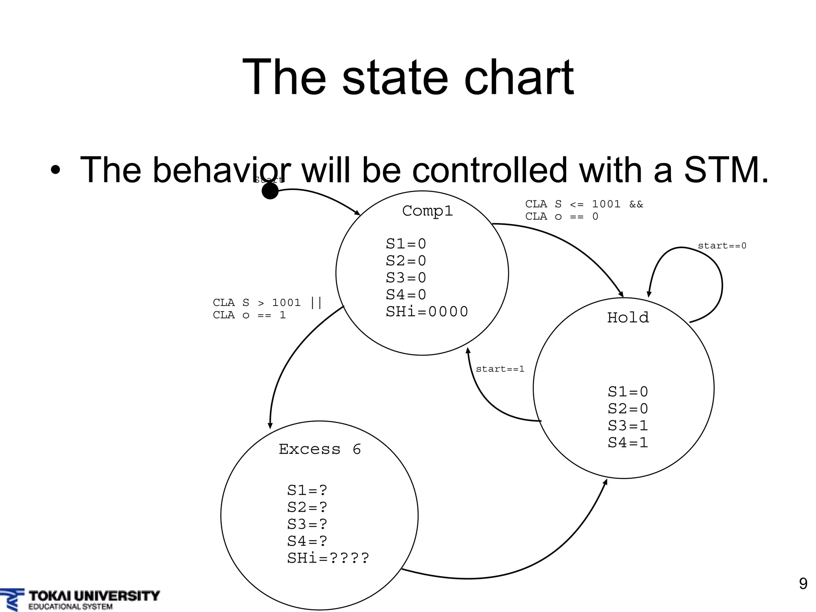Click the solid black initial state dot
click(x=270, y=191)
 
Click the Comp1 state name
click(x=427, y=211)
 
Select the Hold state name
click(x=628, y=318)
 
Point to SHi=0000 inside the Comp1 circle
click(x=427, y=312)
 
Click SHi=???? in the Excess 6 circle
click(x=328, y=558)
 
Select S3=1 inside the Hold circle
click(x=628, y=426)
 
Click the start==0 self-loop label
click(x=722, y=246)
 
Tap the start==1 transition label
click(x=500, y=369)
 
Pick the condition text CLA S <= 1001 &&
click(x=584, y=204)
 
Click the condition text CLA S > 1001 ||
click(x=267, y=302)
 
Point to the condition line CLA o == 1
click(x=249, y=315)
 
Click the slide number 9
click(x=803, y=584)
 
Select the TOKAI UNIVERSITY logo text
click(x=94, y=596)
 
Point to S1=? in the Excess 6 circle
click(x=307, y=490)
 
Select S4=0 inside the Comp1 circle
click(x=406, y=294)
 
